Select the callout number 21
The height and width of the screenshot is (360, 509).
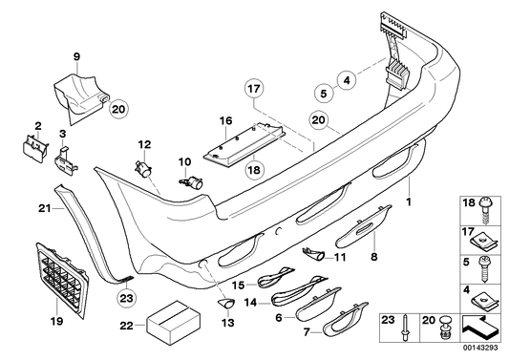point(44,208)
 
